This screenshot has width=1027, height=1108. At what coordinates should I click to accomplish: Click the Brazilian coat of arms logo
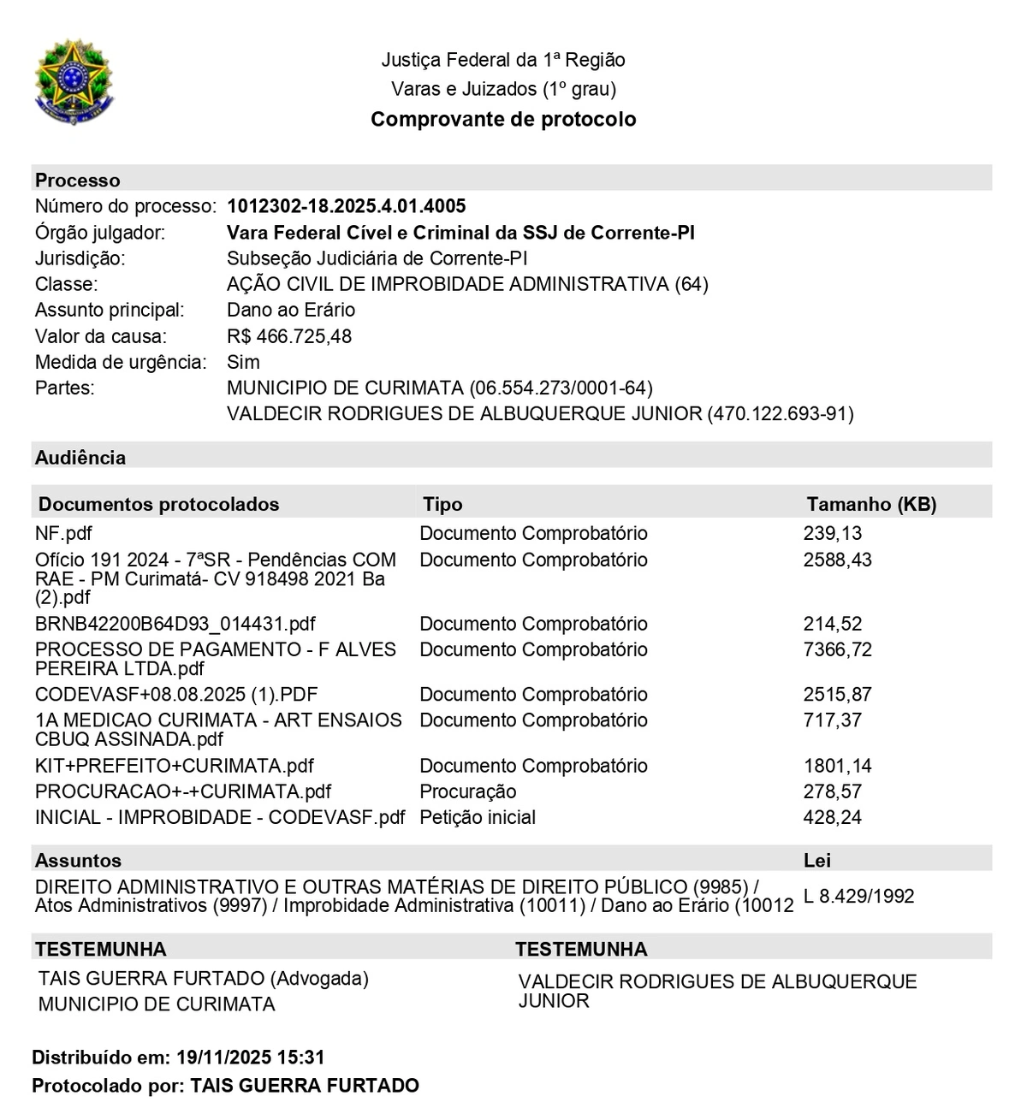click(x=74, y=81)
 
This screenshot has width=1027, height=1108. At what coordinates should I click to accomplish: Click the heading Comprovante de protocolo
click(x=503, y=119)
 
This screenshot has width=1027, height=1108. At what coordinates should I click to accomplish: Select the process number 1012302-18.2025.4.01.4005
click(x=346, y=206)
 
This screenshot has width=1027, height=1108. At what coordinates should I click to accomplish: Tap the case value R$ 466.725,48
click(x=289, y=336)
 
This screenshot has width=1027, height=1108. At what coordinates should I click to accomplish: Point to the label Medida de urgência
click(x=121, y=362)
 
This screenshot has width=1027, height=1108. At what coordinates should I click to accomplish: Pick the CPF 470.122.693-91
click(x=780, y=414)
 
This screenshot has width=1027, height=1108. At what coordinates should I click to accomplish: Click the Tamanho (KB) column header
click(x=871, y=504)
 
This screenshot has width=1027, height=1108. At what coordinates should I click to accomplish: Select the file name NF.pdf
click(x=63, y=533)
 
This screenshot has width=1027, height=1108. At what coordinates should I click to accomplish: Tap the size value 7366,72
click(x=837, y=649)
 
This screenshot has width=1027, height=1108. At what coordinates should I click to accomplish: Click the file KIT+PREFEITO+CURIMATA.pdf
click(x=175, y=766)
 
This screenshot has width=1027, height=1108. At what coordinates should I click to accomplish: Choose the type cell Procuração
click(x=467, y=791)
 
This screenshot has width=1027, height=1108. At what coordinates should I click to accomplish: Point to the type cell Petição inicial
click(x=477, y=817)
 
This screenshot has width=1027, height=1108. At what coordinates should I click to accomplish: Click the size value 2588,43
click(x=837, y=560)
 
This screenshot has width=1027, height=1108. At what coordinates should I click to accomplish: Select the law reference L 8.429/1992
click(x=858, y=896)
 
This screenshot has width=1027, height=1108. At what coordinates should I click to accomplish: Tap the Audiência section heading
click(x=80, y=458)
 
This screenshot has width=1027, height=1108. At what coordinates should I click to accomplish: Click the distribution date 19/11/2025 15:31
click(x=250, y=1058)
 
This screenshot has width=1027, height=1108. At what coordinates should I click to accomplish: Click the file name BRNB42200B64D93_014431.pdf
click(x=175, y=624)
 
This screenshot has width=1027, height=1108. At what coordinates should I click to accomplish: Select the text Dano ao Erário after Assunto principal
click(x=291, y=310)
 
